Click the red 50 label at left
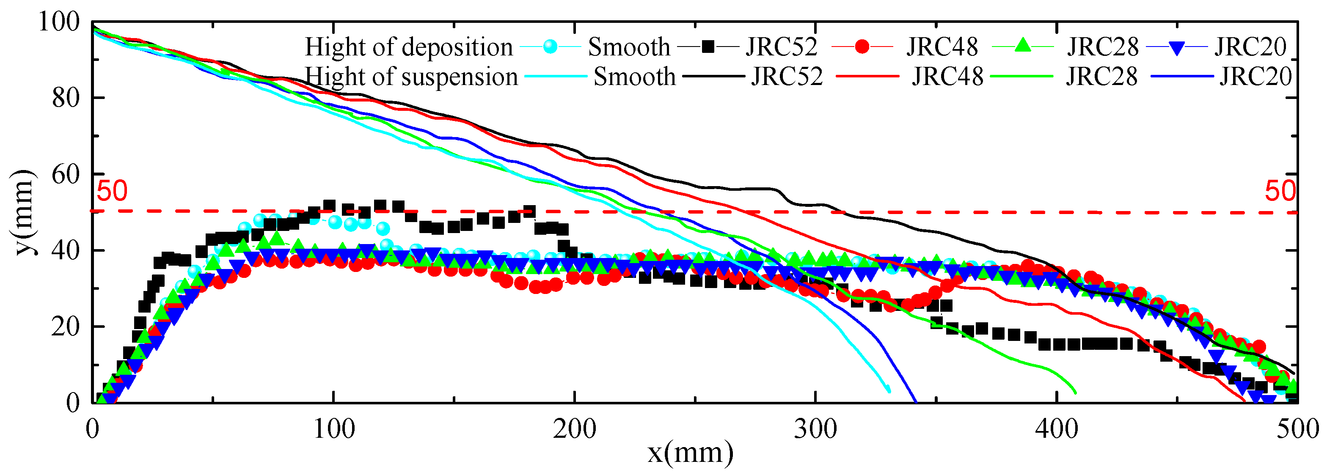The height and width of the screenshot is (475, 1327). [x=112, y=191]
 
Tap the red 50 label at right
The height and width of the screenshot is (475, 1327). [x=1280, y=191]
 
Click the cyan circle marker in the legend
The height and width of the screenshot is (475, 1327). [x=550, y=47]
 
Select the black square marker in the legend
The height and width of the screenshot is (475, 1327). [x=709, y=47]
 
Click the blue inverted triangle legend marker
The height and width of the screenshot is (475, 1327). [x=1177, y=48]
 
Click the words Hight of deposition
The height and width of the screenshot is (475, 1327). [x=408, y=47]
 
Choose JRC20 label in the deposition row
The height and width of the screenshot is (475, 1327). [x=1251, y=47]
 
